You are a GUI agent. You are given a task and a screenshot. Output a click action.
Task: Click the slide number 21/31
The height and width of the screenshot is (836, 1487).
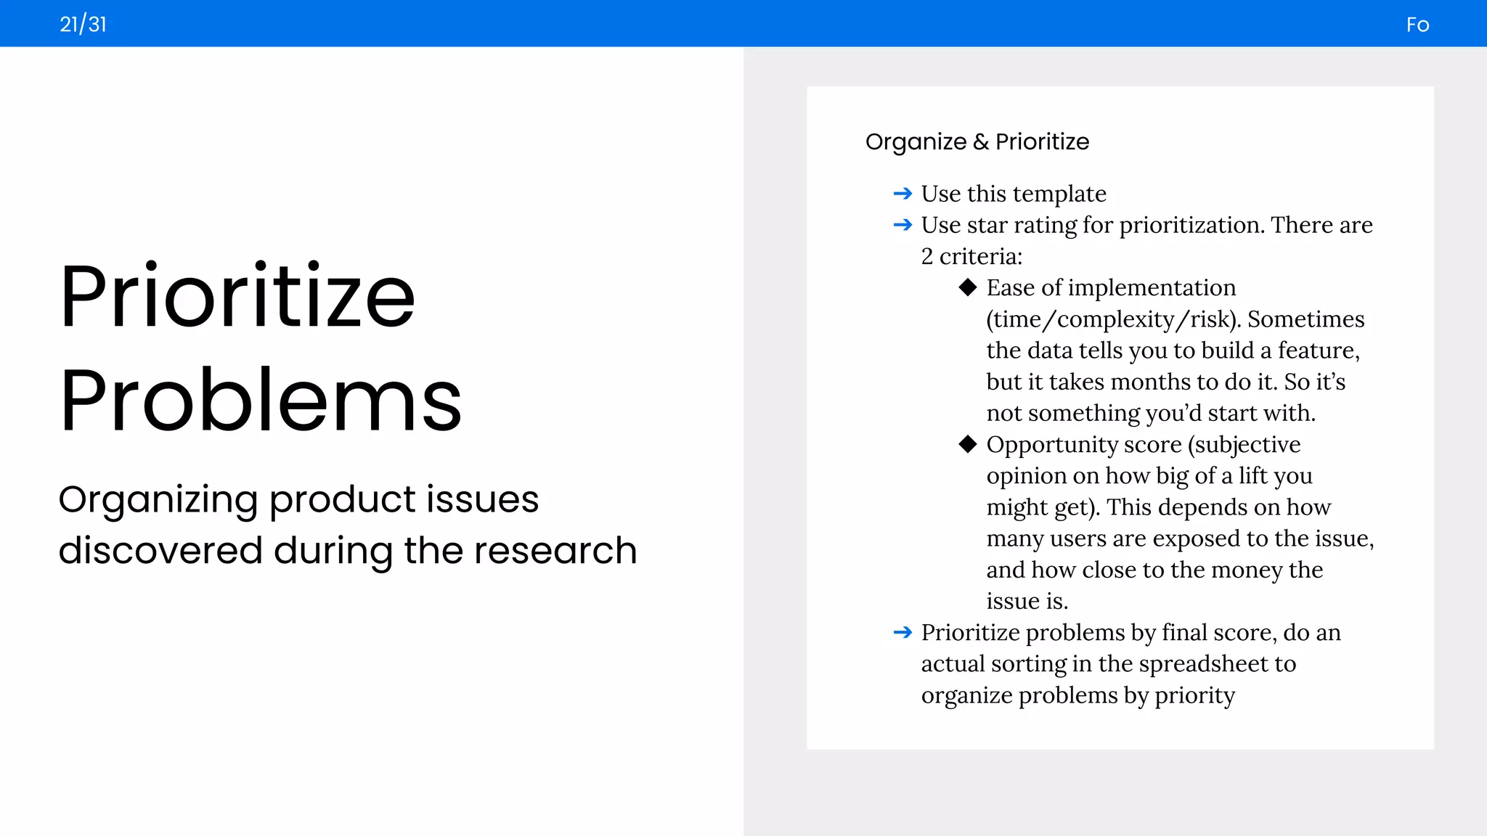pyautogui.click(x=83, y=25)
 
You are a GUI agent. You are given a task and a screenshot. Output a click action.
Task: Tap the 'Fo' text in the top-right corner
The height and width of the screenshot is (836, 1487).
pyautogui.click(x=1417, y=25)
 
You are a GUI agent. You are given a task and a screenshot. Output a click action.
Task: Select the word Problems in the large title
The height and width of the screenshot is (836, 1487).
pyautogui.click(x=261, y=401)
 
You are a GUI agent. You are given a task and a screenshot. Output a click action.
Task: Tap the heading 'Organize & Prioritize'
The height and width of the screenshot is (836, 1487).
pyautogui.click(x=977, y=142)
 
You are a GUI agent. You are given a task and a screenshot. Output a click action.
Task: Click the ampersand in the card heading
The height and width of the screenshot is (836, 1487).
pyautogui.click(x=981, y=142)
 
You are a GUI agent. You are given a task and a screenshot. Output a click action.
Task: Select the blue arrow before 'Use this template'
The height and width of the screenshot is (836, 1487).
pyautogui.click(x=903, y=194)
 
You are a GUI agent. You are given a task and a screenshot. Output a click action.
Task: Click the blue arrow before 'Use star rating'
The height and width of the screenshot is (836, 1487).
pyautogui.click(x=903, y=225)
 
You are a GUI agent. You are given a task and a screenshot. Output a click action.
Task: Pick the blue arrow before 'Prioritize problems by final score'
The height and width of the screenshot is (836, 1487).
pyautogui.click(x=903, y=633)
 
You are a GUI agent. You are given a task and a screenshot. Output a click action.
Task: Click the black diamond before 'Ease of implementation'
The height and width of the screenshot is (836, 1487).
pyautogui.click(x=967, y=287)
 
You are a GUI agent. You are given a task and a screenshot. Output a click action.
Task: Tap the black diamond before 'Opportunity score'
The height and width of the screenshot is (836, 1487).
pyautogui.click(x=967, y=444)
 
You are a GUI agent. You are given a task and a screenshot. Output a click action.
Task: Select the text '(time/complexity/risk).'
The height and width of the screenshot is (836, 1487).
pyautogui.click(x=1114, y=319)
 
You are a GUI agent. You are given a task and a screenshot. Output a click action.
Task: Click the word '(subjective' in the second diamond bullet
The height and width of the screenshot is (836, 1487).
pyautogui.click(x=1244, y=445)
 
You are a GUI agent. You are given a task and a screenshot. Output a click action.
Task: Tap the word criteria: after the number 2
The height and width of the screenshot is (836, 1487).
pyautogui.click(x=980, y=257)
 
